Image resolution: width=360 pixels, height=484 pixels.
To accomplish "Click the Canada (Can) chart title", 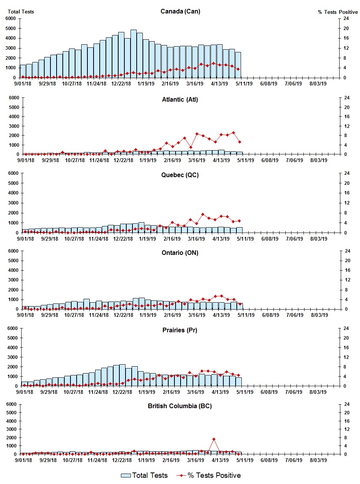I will [180, 12].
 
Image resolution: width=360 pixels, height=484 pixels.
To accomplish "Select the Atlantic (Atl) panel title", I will [180, 100].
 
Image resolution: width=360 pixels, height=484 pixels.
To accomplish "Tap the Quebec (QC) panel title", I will [180, 175].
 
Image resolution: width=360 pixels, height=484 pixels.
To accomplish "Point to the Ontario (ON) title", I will [180, 253].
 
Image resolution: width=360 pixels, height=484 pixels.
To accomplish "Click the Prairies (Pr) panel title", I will [180, 330].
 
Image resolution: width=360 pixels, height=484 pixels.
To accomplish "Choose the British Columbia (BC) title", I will [180, 406].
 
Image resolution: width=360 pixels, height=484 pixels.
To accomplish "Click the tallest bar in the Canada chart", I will [134, 54].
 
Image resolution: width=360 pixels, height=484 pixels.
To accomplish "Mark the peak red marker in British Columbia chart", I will [214, 439].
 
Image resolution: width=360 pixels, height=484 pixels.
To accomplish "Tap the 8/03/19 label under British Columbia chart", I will [318, 460].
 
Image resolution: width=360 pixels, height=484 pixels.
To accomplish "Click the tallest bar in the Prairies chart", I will [122, 375].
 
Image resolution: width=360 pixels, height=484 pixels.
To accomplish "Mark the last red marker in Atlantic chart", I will [239, 142].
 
